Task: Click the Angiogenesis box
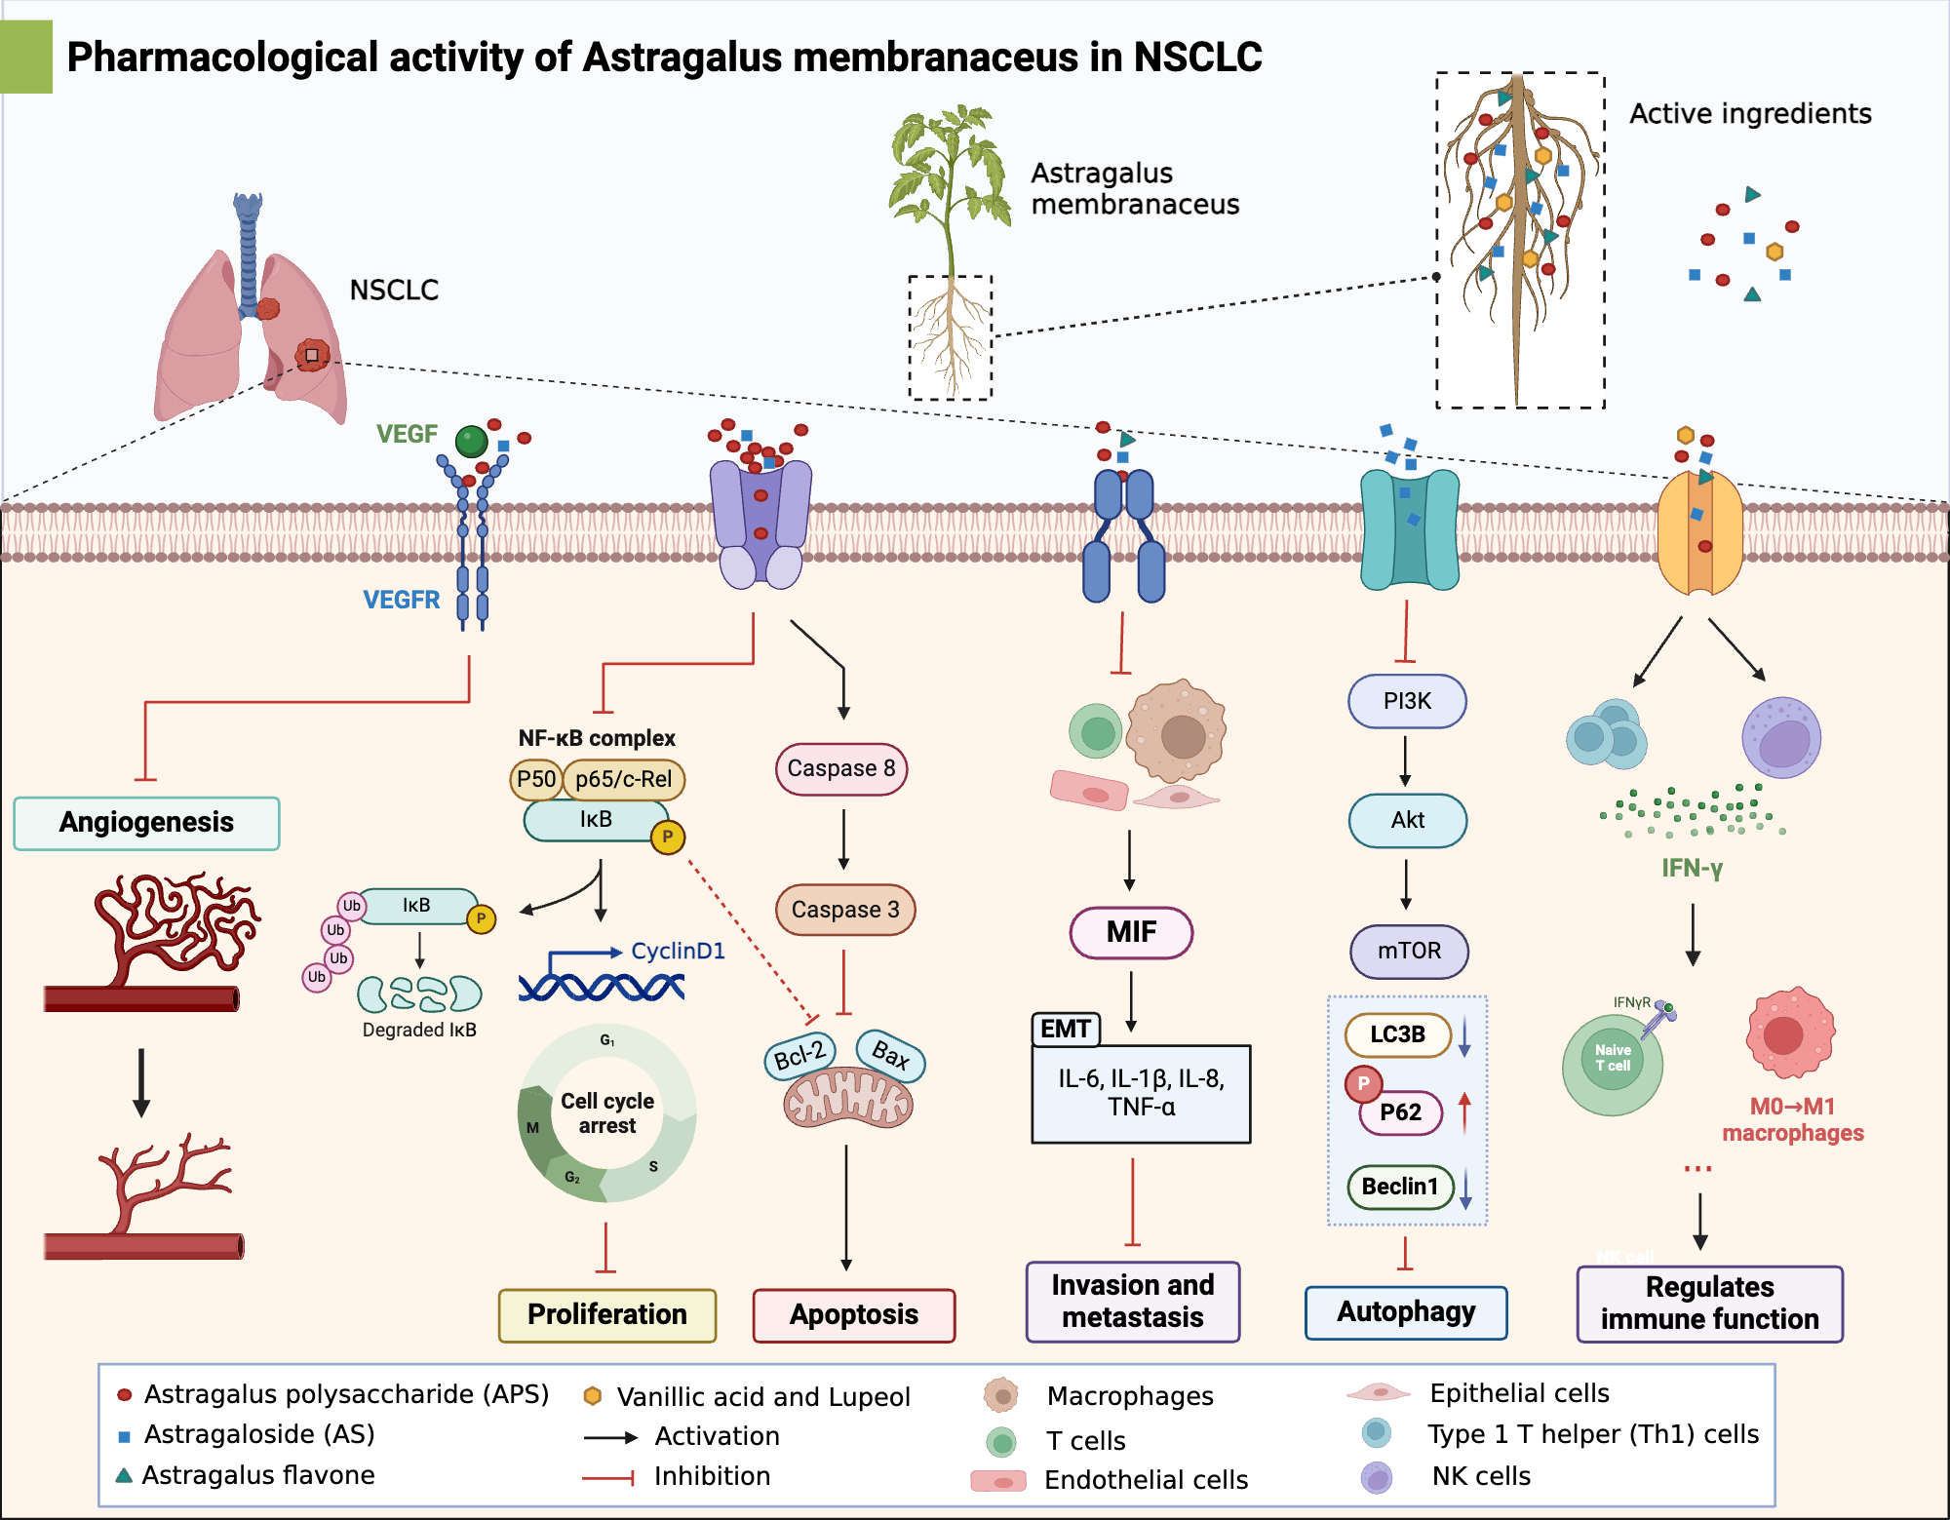coord(146,823)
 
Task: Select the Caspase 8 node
coord(841,768)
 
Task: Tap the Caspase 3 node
coord(844,910)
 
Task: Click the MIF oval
coord(1131,932)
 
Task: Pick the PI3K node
coord(1407,701)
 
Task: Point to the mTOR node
coord(1409,951)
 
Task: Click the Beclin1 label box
coord(1400,1187)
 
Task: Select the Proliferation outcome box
coord(606,1314)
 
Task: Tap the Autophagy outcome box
coord(1406,1312)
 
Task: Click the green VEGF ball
coord(472,441)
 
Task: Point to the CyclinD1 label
coord(678,951)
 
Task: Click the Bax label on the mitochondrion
coord(890,1054)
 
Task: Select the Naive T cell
coord(1613,1063)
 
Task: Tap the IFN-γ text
coord(1692,868)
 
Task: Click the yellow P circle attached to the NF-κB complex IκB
coord(668,837)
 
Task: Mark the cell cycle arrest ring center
coord(606,1113)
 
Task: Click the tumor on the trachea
coord(267,309)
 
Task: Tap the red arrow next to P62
coord(1464,1112)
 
